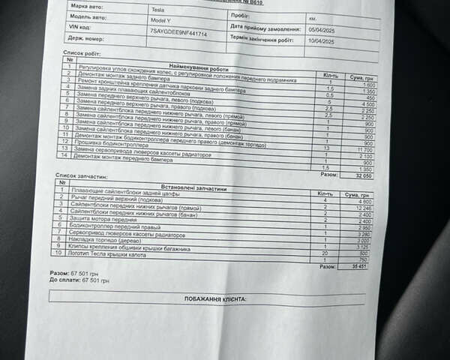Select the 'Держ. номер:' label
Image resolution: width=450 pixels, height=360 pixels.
(88, 35)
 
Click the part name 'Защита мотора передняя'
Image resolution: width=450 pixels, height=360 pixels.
(104, 218)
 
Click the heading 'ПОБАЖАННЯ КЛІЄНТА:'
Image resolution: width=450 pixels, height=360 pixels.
(214, 298)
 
